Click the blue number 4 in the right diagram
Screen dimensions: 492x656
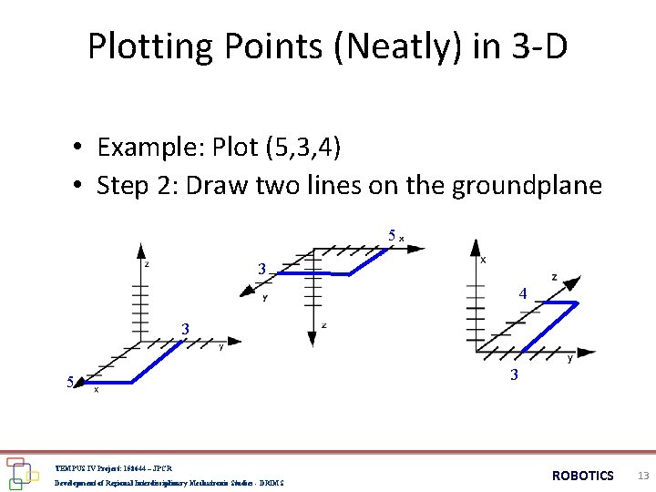click(x=523, y=294)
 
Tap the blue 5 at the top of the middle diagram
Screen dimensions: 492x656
click(x=392, y=236)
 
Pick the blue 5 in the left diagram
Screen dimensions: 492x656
click(x=70, y=382)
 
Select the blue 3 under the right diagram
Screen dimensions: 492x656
click(x=515, y=374)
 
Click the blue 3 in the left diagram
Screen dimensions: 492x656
click(x=185, y=329)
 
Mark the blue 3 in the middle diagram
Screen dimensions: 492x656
click(x=261, y=270)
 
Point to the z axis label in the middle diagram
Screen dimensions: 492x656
click(x=323, y=324)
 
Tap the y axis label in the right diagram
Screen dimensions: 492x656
click(x=570, y=359)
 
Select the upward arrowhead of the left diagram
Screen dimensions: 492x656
click(x=139, y=249)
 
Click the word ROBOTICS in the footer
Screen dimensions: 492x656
click(x=583, y=476)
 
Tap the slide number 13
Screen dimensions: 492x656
click(x=643, y=476)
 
